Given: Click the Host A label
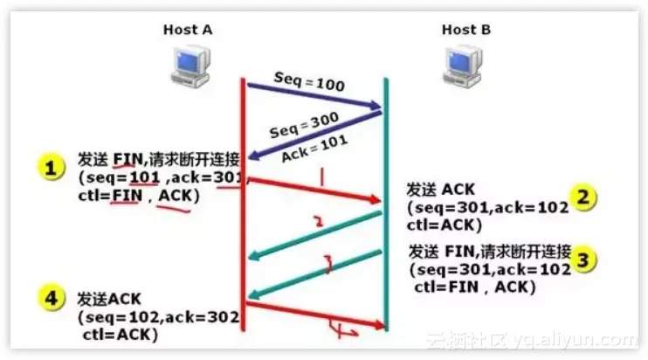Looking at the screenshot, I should click(188, 31).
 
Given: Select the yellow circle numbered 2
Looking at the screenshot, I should click(584, 197).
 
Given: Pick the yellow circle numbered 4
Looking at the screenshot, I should click(52, 298).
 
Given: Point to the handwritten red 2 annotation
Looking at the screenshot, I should click(318, 223).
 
